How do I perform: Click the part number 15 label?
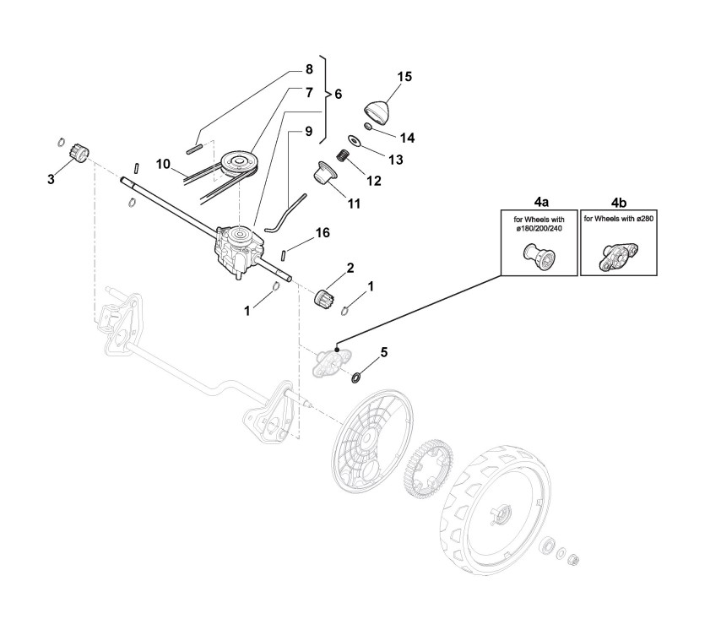404,77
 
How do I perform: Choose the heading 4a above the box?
541,203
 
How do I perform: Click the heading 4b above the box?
621,203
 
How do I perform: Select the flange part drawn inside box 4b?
619,257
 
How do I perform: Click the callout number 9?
308,132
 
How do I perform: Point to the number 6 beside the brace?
338,94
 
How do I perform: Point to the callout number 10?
163,161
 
